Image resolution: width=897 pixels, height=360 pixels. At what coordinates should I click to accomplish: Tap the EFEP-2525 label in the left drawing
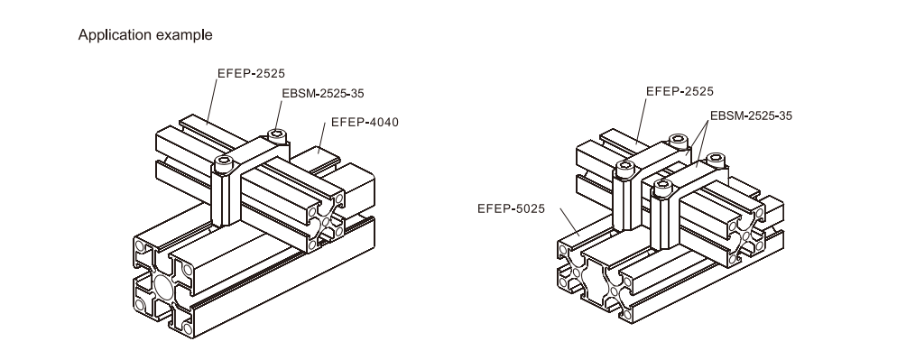coord(251,73)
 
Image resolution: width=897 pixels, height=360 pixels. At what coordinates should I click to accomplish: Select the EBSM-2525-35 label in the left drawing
coord(323,93)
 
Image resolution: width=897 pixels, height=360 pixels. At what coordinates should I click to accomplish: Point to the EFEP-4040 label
coord(365,122)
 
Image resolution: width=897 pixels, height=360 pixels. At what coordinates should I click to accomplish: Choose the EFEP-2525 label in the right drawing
coord(680,91)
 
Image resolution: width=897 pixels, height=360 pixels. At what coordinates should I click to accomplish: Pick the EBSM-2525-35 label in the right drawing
coord(751,115)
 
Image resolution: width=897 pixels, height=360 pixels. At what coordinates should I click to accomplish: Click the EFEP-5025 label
coord(512,208)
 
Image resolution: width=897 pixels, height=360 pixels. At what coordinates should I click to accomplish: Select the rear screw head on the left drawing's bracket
coord(277,135)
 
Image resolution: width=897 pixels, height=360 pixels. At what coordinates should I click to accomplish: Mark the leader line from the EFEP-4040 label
coord(321,140)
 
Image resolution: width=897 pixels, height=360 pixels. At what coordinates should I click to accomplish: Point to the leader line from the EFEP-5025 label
coord(570,221)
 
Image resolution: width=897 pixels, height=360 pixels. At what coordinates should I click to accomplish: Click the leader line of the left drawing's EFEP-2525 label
coord(211,100)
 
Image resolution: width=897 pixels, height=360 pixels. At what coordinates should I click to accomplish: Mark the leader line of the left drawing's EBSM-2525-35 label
coord(279,116)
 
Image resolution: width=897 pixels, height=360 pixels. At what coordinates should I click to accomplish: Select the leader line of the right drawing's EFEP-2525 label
coord(640,120)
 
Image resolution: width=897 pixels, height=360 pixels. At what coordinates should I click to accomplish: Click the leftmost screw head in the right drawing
coord(624,167)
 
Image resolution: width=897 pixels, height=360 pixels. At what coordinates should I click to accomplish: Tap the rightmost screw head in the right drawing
coord(715,159)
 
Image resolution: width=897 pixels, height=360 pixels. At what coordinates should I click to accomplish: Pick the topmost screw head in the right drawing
coord(679,140)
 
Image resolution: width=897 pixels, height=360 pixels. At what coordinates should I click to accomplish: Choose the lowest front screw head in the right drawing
coord(661,186)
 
